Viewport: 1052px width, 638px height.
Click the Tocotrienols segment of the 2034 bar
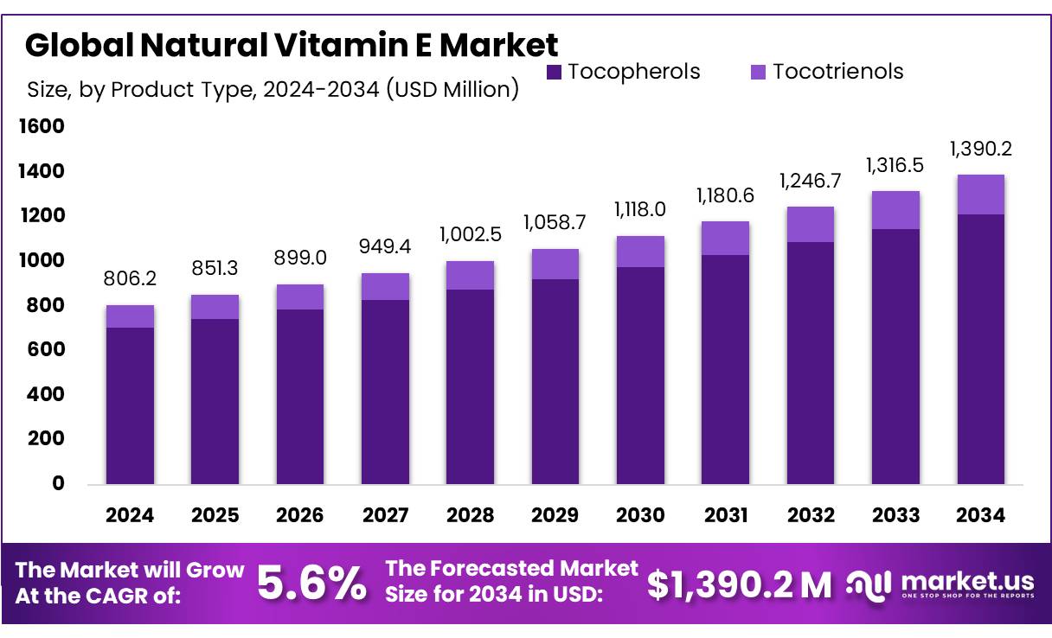980,195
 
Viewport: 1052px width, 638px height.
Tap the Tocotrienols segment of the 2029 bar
555,264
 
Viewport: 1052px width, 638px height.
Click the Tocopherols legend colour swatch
555,72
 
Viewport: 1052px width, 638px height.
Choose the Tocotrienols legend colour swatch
759,72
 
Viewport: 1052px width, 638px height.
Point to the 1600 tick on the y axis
42,127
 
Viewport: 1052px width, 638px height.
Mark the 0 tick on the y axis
57,483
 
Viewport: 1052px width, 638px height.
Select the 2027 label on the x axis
385,515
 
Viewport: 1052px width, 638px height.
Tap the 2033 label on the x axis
895,515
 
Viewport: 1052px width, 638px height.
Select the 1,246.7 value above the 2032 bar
811,182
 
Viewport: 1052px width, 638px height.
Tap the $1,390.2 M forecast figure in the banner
739,585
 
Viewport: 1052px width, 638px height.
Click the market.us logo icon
869,584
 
